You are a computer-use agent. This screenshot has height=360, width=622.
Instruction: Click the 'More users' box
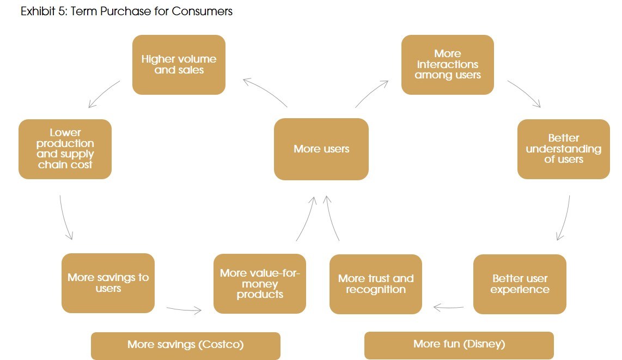321,149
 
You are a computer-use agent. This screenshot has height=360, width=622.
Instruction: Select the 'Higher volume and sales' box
179,65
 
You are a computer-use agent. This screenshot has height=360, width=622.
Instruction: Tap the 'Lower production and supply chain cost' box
65,149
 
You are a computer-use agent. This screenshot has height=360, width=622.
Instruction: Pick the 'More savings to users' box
108,283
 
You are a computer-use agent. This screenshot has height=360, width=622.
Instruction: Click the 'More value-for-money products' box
260,283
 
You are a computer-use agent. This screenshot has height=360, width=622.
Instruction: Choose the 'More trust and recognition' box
376,284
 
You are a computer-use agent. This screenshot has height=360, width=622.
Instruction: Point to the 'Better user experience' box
520,284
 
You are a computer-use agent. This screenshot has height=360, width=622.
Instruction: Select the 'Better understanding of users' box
563,149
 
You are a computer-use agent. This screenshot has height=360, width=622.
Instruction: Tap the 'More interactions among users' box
448,65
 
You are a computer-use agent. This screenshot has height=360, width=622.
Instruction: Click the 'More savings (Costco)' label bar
185,345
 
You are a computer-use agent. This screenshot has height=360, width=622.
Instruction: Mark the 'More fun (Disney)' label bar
459,344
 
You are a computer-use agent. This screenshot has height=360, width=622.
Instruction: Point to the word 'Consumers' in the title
202,11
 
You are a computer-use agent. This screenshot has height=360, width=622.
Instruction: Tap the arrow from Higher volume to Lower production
104,94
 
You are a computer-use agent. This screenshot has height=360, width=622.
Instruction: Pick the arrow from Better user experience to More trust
449,308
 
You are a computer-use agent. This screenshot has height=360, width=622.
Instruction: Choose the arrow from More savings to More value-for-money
184,310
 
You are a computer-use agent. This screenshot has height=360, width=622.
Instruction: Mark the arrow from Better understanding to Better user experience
564,218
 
